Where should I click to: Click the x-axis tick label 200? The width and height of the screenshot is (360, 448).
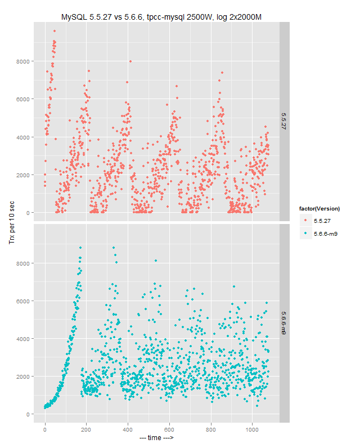coord(87,429)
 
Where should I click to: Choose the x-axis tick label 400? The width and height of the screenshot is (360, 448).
coord(128,429)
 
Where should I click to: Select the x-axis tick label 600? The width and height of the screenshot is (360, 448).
coord(169,429)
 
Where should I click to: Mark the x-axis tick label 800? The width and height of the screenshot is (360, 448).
coord(210,429)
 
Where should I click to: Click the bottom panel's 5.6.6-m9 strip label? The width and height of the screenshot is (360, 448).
coord(284,324)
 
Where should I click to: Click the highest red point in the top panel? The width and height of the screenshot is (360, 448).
coord(54,31)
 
